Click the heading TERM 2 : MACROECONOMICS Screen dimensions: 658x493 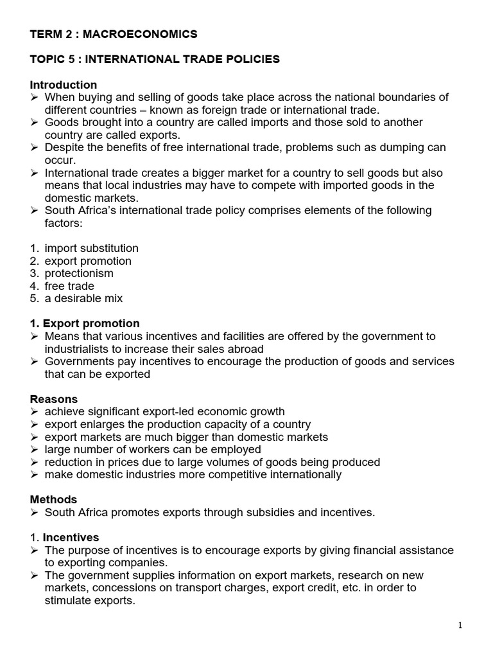tap(114, 34)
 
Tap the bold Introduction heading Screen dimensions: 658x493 tap(64, 85)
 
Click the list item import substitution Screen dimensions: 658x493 tap(91, 248)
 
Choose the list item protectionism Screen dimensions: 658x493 tap(79, 273)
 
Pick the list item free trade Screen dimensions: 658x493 tap(69, 286)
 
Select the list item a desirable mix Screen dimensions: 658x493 tap(83, 298)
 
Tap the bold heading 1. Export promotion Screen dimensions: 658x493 tap(85, 323)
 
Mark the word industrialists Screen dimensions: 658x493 tap(78, 349)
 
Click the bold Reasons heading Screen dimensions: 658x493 tap(54, 399)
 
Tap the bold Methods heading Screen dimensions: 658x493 tap(53, 499)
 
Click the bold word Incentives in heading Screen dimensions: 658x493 tap(71, 537)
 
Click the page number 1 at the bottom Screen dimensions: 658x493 tap(460, 626)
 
